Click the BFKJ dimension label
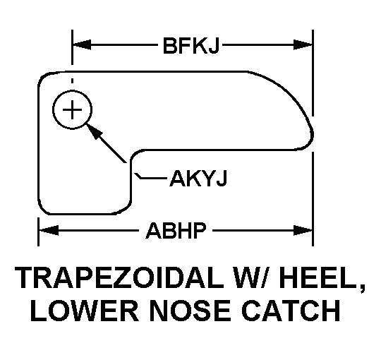click(191, 45)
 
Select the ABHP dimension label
click(176, 230)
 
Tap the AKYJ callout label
click(198, 179)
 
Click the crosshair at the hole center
click(72, 109)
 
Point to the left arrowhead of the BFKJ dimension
click(82, 44)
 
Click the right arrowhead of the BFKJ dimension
click(303, 44)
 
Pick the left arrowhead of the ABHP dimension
click(49, 230)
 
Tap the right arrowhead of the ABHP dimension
click(303, 230)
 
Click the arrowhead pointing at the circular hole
click(94, 131)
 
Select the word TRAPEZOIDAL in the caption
click(119, 277)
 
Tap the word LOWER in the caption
click(85, 311)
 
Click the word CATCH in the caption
click(291, 311)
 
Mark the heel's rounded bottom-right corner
click(126, 208)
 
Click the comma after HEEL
click(362, 289)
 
